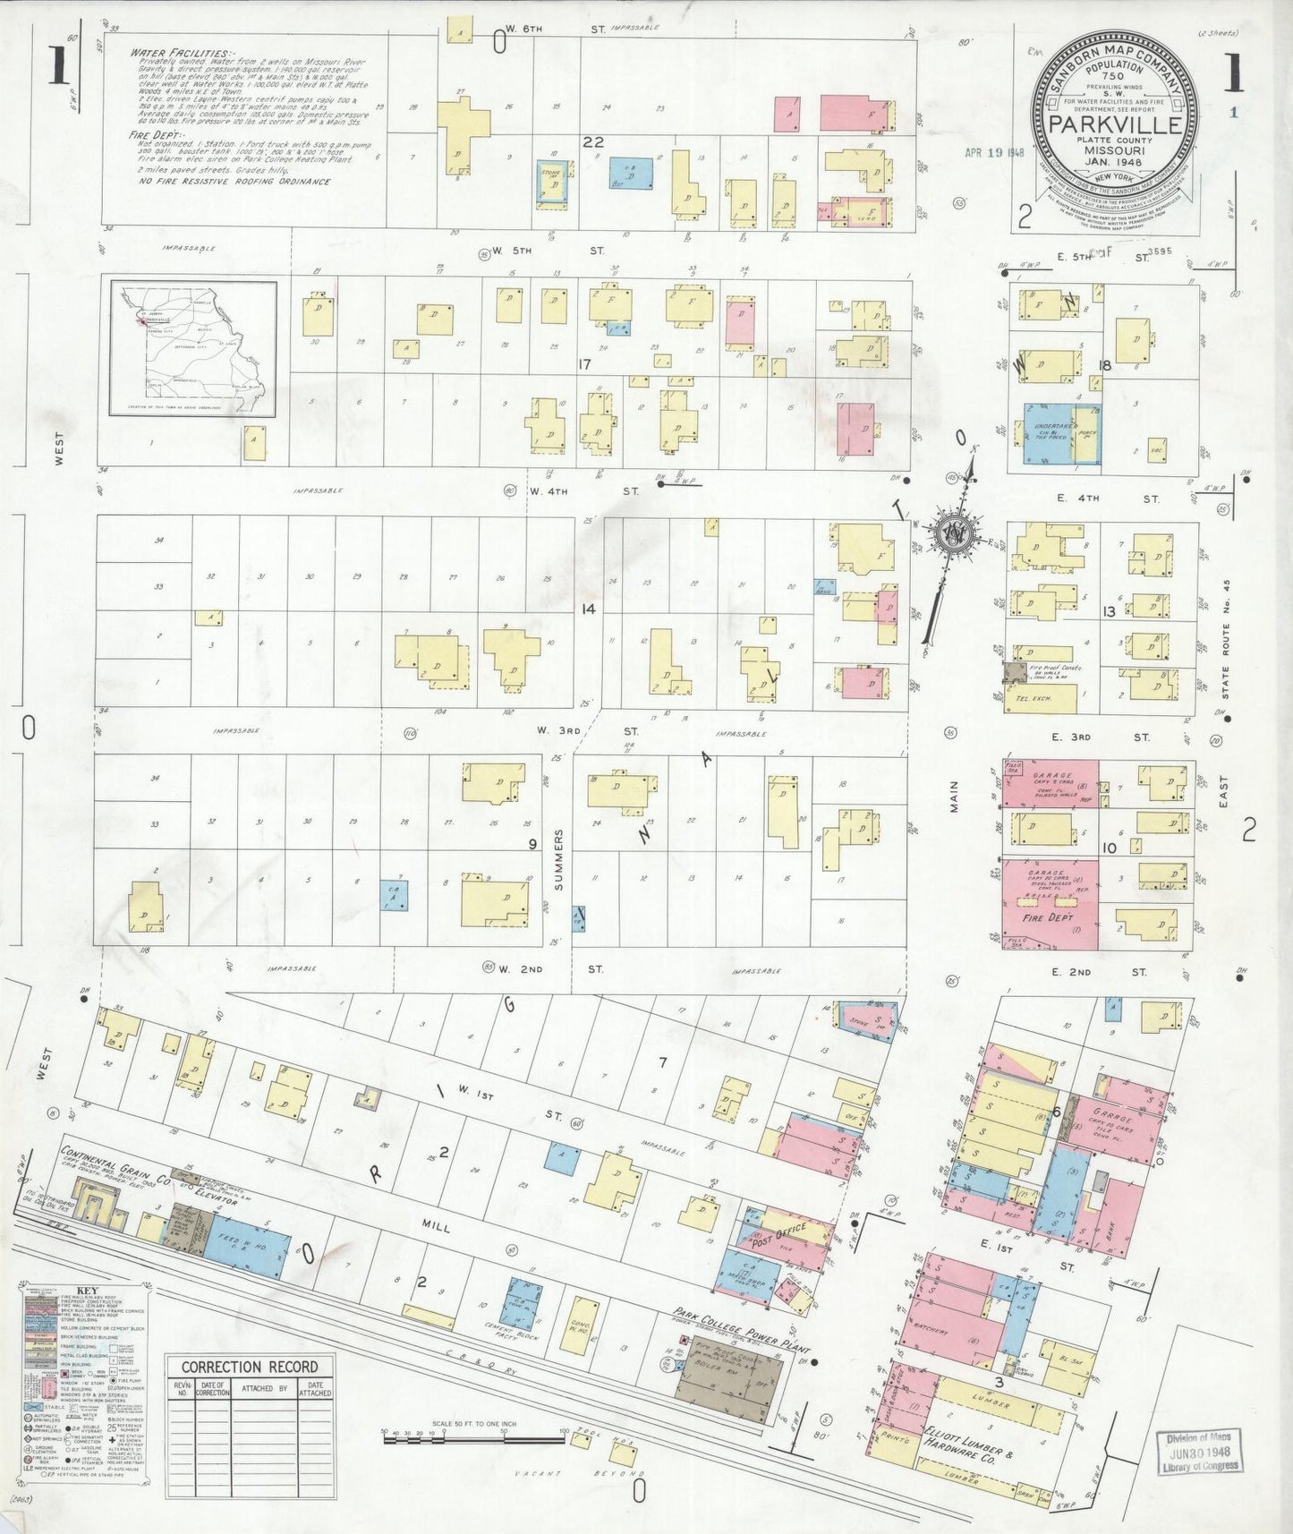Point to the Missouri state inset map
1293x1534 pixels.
(x=193, y=348)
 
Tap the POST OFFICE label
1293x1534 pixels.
(x=779, y=1240)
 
